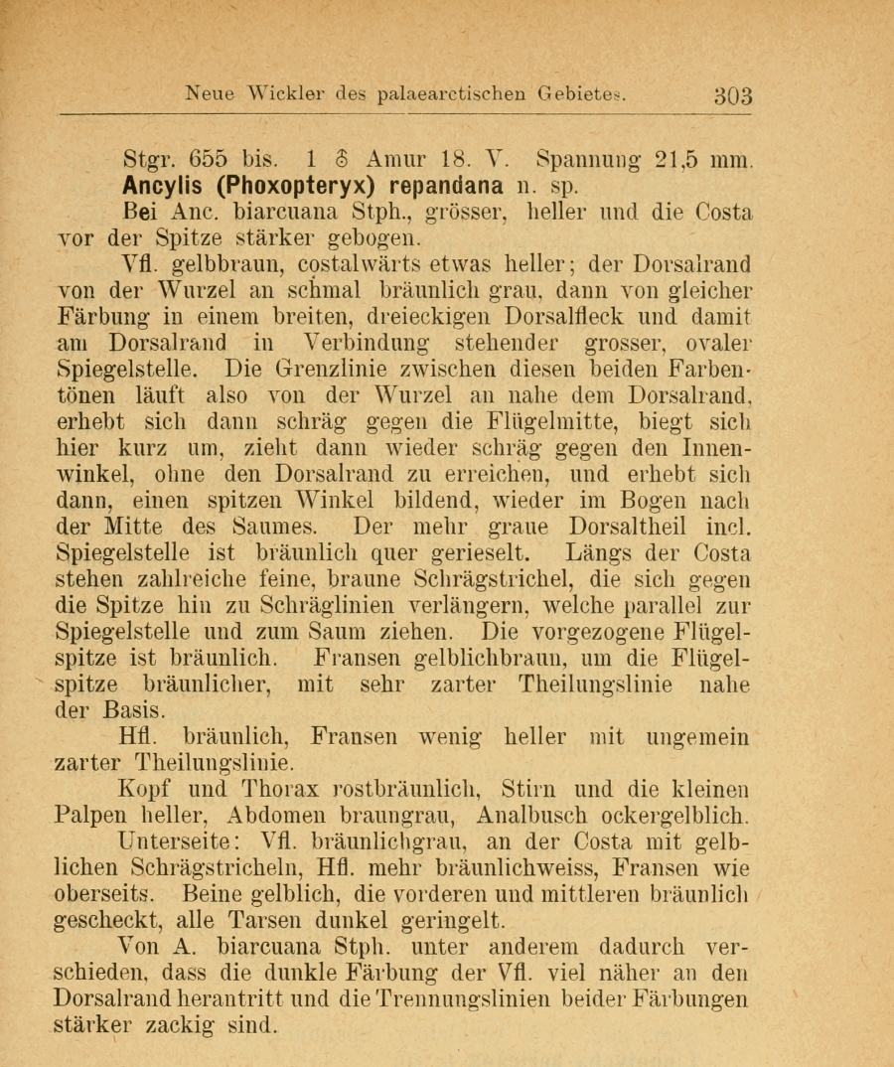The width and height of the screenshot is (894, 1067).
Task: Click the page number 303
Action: coord(733,95)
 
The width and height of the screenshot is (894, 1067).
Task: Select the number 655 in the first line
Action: coord(208,158)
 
